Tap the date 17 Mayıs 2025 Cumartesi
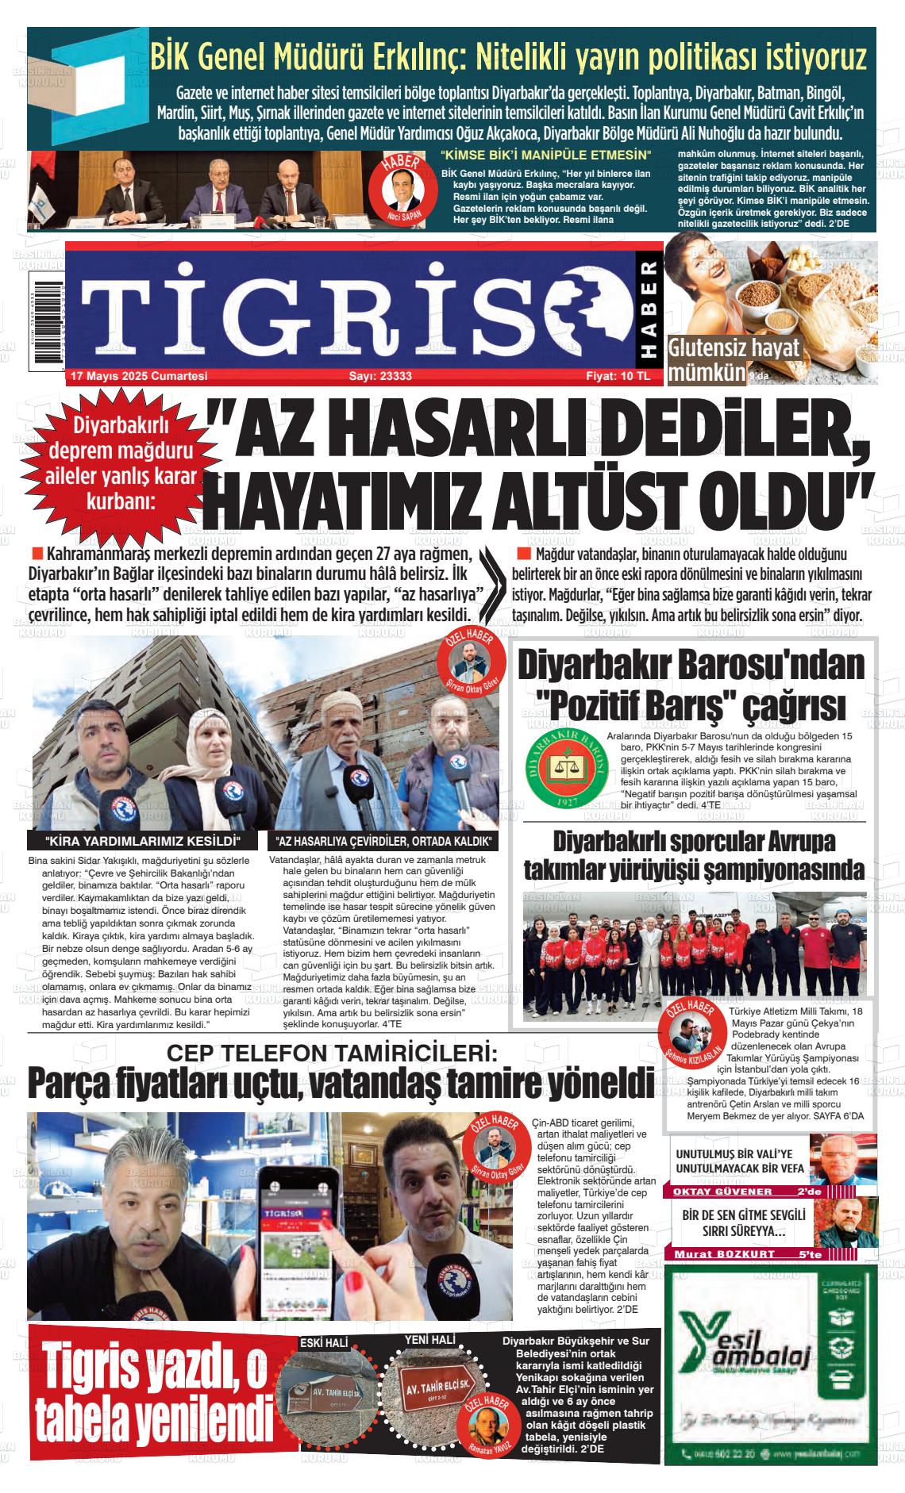point(139,376)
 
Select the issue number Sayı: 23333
point(380,376)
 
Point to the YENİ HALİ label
point(429,1339)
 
